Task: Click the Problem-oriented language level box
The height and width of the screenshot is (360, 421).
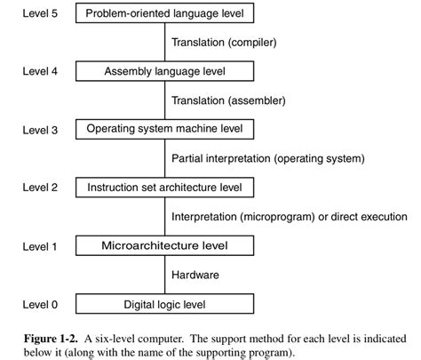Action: pyautogui.click(x=165, y=13)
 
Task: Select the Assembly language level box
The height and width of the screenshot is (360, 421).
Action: pyautogui.click(x=165, y=71)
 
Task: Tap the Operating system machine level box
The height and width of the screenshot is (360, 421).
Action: pyautogui.click(x=165, y=130)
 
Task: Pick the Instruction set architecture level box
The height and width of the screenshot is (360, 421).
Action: pyautogui.click(x=165, y=188)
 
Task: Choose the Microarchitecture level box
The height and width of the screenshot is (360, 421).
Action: pyautogui.click(x=165, y=245)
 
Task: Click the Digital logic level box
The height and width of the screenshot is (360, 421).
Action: pyautogui.click(x=165, y=305)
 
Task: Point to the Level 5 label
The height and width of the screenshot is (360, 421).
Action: pyautogui.click(x=40, y=13)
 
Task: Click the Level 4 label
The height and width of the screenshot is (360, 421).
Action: pyautogui.click(x=40, y=71)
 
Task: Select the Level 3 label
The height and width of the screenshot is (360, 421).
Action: pyautogui.click(x=40, y=130)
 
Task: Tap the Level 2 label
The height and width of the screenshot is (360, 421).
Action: pyautogui.click(x=40, y=188)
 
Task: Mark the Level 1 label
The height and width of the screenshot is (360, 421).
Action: pyautogui.click(x=40, y=245)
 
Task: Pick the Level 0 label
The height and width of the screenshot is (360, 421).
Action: pyautogui.click(x=40, y=305)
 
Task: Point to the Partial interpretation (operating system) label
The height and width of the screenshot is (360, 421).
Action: pyautogui.click(x=267, y=159)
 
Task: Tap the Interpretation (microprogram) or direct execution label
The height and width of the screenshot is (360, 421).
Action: pyautogui.click(x=288, y=217)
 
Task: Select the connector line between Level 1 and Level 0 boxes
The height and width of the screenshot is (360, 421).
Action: pyautogui.click(x=165, y=276)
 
